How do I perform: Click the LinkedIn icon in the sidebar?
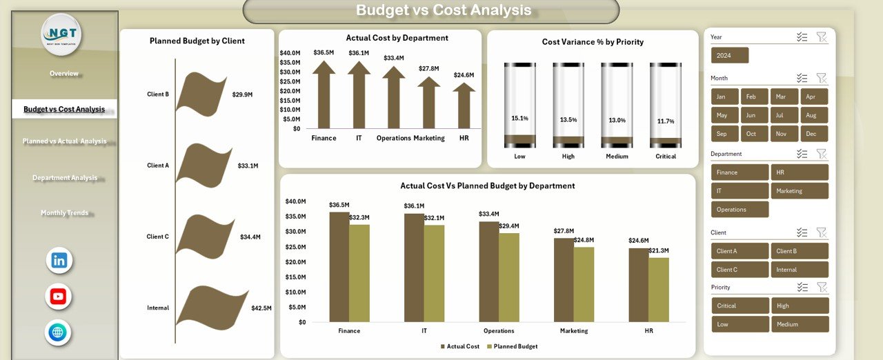click(x=59, y=261)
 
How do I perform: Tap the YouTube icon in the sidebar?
click(x=58, y=297)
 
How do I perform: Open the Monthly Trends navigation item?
click(x=64, y=213)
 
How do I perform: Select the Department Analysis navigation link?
click(x=65, y=178)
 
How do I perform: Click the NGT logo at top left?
click(x=61, y=34)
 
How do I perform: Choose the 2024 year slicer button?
click(x=729, y=55)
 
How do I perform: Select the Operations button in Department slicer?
click(x=740, y=210)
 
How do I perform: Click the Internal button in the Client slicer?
click(x=800, y=270)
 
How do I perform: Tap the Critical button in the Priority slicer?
click(x=740, y=306)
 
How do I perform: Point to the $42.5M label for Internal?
click(x=261, y=308)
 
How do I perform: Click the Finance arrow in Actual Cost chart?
click(x=324, y=95)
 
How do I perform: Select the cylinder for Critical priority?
click(x=666, y=106)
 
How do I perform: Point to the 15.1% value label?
click(x=519, y=119)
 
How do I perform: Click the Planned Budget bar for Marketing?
click(x=584, y=284)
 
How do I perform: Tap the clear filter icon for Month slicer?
click(x=821, y=78)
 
